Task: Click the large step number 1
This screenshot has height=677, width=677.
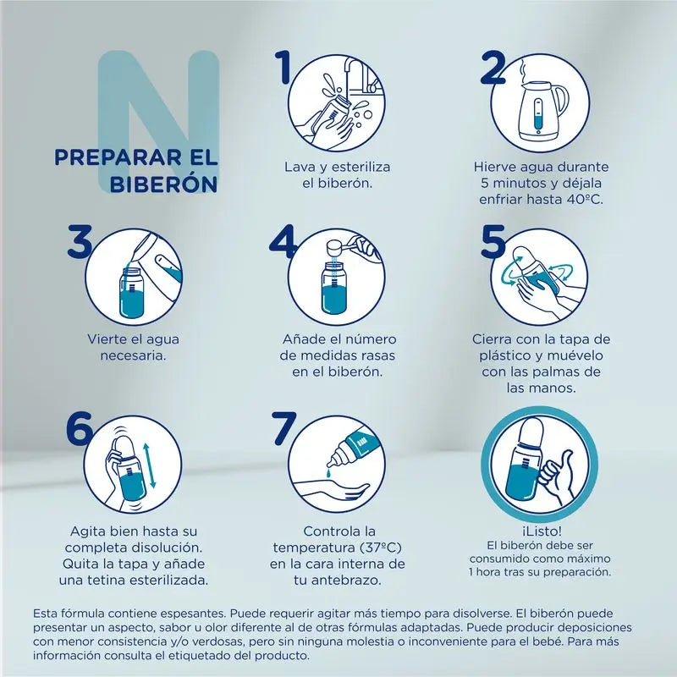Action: click(286, 69)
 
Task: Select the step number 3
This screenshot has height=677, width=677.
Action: click(80, 240)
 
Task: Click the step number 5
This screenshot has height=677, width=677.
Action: click(493, 241)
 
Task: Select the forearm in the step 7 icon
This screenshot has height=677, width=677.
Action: click(338, 491)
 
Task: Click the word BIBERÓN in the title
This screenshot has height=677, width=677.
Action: click(166, 183)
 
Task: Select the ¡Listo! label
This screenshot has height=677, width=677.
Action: click(542, 530)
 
